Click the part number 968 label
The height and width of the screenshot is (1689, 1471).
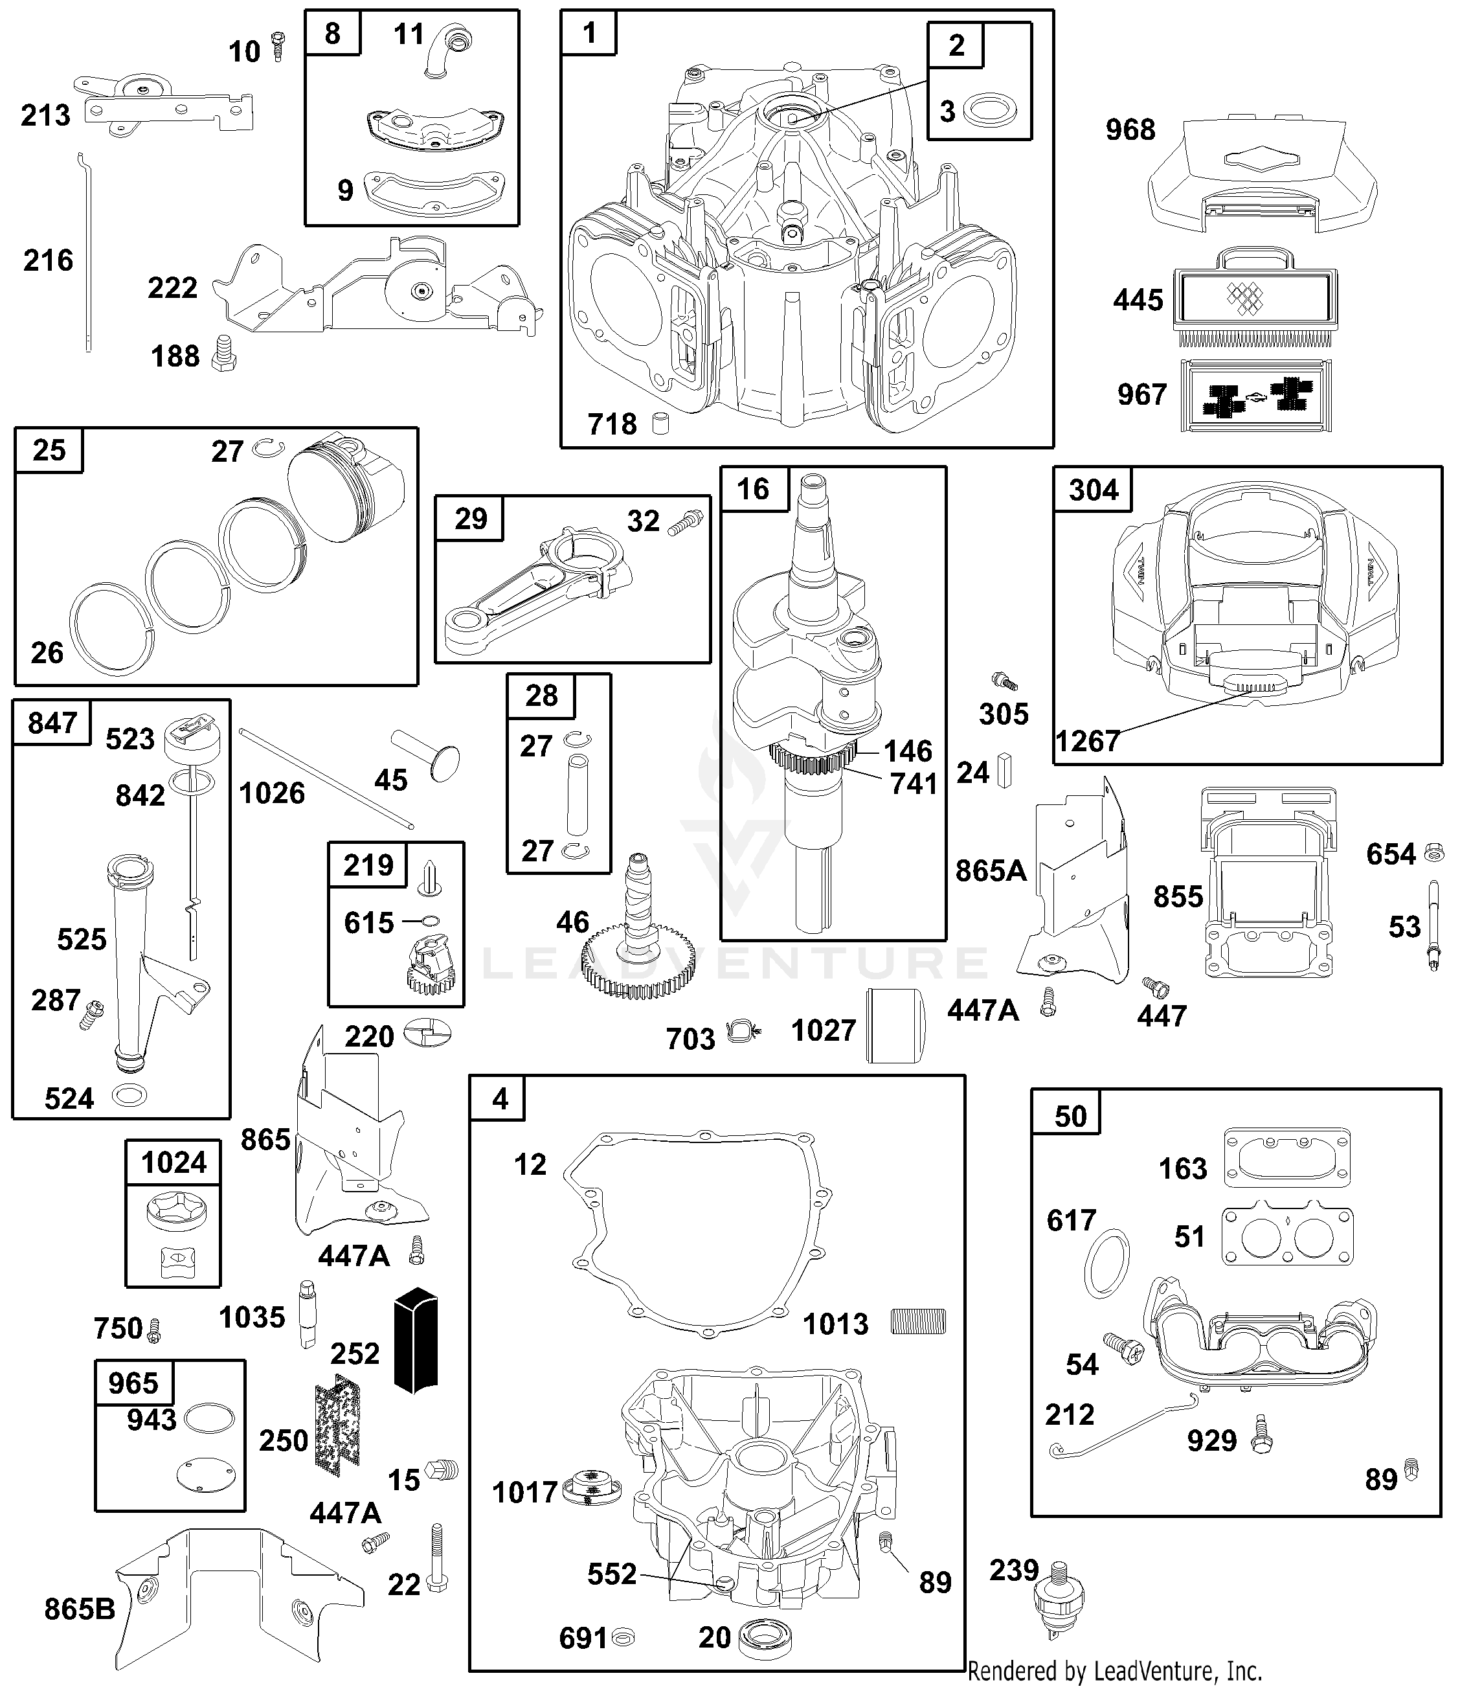(x=1130, y=130)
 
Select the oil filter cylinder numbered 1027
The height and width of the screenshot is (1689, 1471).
(x=895, y=1026)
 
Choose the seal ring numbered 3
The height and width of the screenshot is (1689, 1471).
(x=989, y=111)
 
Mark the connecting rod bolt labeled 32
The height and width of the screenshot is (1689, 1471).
(x=687, y=523)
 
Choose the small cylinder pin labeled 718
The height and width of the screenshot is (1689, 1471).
(x=660, y=424)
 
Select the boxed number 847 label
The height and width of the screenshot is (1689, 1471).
(x=52, y=723)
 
